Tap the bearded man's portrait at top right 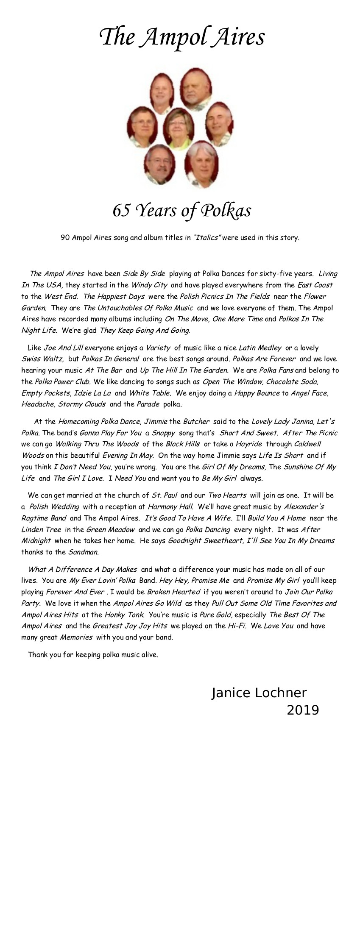196,88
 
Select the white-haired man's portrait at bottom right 201,166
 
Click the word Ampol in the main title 167,37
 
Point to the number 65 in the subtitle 121,210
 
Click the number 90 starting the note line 65,237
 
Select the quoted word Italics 207,237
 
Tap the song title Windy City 149,285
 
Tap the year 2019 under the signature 302,709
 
